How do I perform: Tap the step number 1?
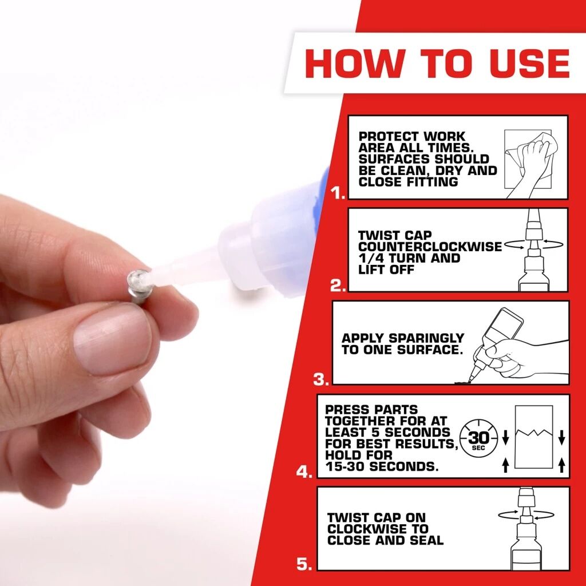pyautogui.click(x=338, y=193)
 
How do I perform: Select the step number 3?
pyautogui.click(x=321, y=379)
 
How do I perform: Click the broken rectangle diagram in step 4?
pyautogui.click(x=533, y=439)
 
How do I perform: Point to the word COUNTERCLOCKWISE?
pyautogui.click(x=430, y=247)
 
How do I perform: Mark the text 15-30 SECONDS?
pyautogui.click(x=382, y=466)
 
